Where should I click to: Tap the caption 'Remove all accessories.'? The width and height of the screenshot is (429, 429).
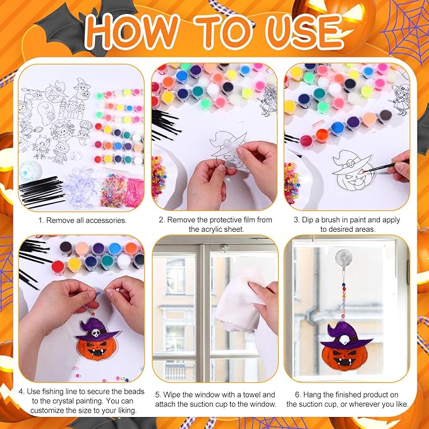click(x=82, y=220)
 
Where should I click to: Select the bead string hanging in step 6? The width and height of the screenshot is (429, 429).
click(x=347, y=297)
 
